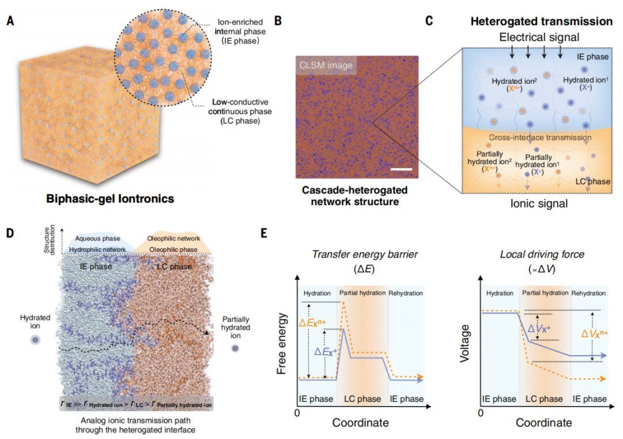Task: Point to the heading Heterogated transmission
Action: pyautogui.click(x=541, y=21)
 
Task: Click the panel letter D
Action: pyautogui.click(x=10, y=233)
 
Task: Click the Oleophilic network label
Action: pyautogui.click(x=174, y=238)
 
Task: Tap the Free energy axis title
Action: pyautogui.click(x=282, y=343)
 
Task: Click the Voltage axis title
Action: pyautogui.click(x=466, y=343)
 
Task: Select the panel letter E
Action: pyautogui.click(x=264, y=233)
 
